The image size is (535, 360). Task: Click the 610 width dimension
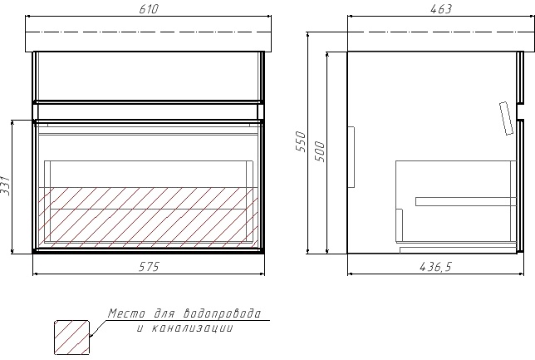[x=149, y=9]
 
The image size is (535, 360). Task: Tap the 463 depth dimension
[x=441, y=9]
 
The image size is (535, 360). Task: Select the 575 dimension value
[x=149, y=267]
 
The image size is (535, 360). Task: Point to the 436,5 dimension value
[x=435, y=267]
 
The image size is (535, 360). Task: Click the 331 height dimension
[x=6, y=185]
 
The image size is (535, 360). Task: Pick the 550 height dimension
[x=301, y=141]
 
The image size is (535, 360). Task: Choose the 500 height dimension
[x=320, y=151]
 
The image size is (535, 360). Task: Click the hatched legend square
[x=72, y=338]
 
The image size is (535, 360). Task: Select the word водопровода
[x=223, y=313]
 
